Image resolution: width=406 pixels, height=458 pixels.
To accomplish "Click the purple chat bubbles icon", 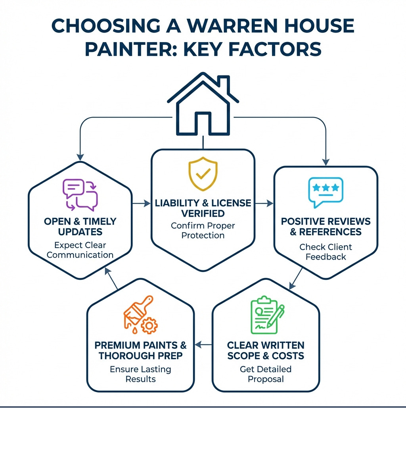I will pyautogui.click(x=80, y=194).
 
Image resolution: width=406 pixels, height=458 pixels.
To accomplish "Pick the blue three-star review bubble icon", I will pyautogui.click(x=326, y=192).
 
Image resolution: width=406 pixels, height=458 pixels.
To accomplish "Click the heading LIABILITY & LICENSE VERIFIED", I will pyautogui.click(x=203, y=208).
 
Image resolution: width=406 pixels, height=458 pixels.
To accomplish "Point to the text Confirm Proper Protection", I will pyautogui.click(x=203, y=230).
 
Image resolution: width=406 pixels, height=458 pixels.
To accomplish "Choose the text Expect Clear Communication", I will pyautogui.click(x=80, y=250).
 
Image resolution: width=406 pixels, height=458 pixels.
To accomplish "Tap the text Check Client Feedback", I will pyautogui.click(x=326, y=252).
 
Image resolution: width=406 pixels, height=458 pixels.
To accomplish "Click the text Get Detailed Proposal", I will pyautogui.click(x=266, y=374).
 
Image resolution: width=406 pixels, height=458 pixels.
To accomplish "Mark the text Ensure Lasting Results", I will pyautogui.click(x=140, y=374).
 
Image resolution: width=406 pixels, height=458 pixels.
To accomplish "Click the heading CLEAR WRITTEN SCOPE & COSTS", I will pyautogui.click(x=266, y=350).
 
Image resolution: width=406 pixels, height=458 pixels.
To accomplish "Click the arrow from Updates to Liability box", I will pyautogui.click(x=139, y=204).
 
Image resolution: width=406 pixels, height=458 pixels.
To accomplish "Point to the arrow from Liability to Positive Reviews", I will pyautogui.click(x=264, y=204).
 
